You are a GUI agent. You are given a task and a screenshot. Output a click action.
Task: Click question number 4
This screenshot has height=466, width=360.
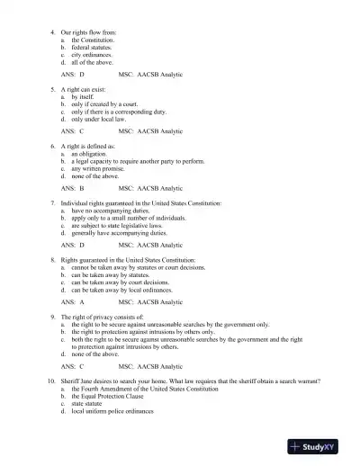(x=51, y=32)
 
